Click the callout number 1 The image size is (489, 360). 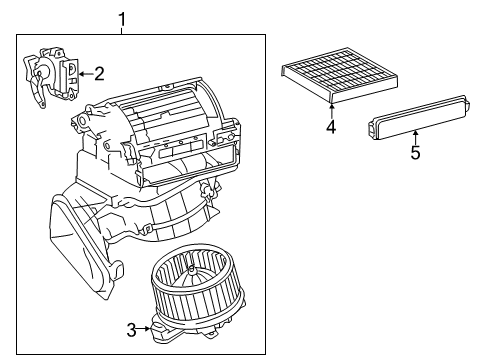point(122,19)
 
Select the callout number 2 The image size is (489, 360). point(99,74)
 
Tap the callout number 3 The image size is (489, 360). point(132,330)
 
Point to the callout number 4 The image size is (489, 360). point(331,127)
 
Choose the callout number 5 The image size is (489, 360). point(415,152)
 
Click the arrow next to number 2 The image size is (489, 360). point(86,74)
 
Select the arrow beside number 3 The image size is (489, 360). point(144,329)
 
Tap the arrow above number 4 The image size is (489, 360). point(331,111)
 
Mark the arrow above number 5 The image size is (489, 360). point(415,137)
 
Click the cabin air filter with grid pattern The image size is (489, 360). point(339,75)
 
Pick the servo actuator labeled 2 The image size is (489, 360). point(52,77)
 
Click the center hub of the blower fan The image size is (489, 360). point(191,270)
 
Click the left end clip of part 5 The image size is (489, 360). point(371,129)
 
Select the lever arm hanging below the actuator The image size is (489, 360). point(37,91)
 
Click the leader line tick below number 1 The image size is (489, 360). point(122,31)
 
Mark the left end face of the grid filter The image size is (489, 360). point(283,71)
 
